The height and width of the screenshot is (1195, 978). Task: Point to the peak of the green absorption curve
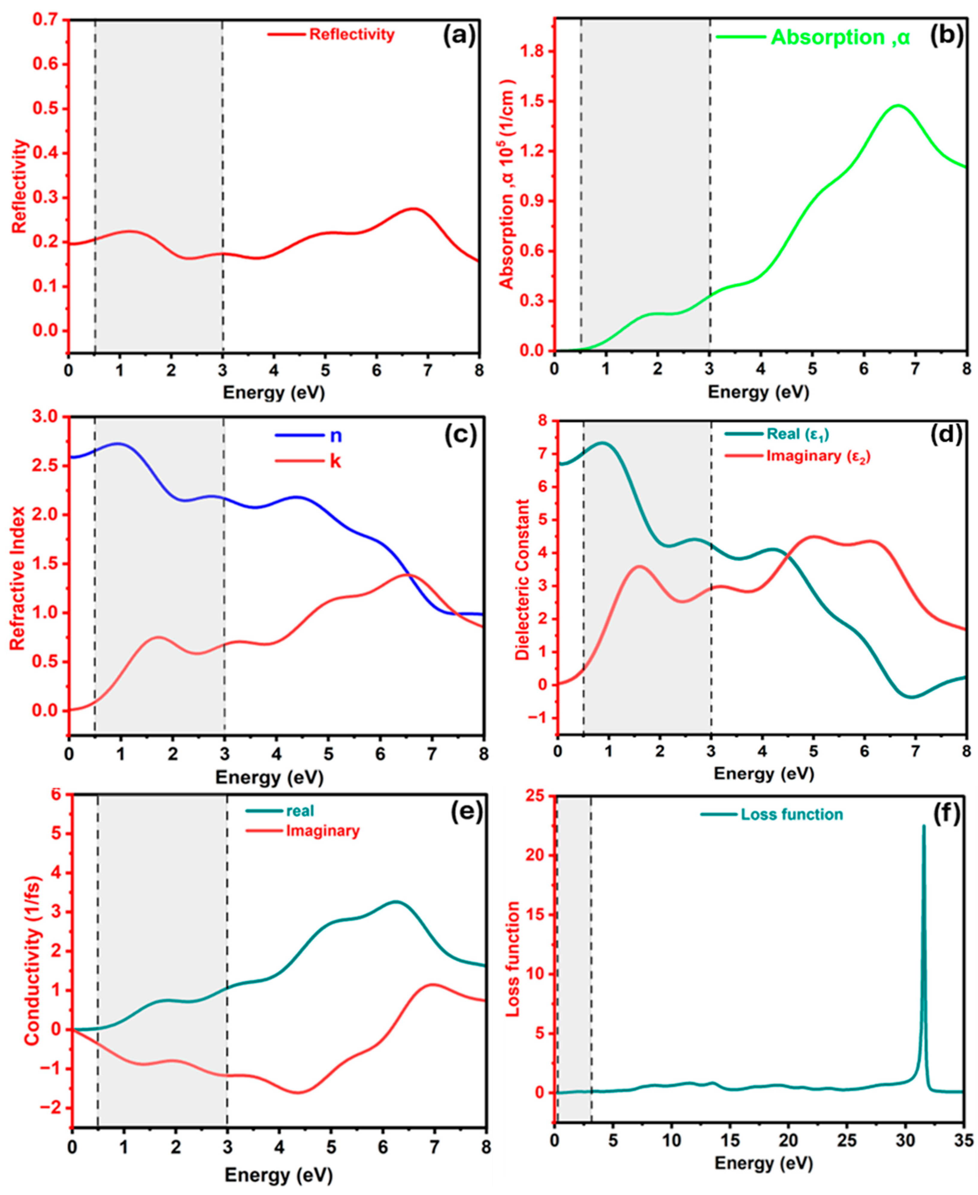tap(898, 105)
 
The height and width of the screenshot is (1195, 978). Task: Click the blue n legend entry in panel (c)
tap(335, 436)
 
